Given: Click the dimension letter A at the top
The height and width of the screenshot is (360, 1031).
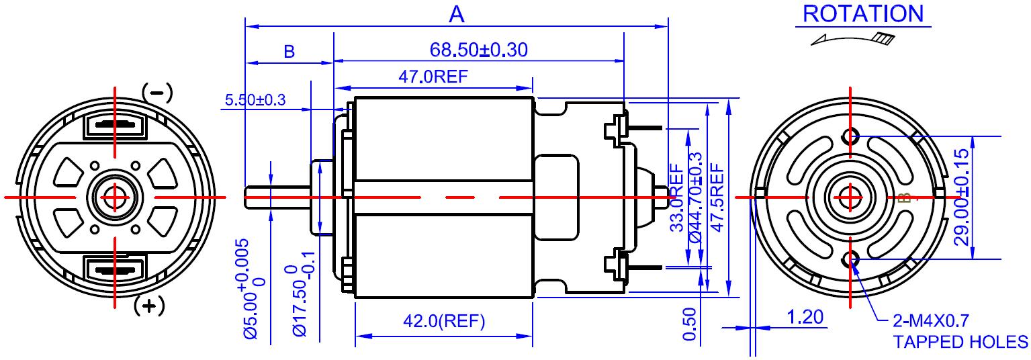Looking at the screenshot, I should tap(456, 14).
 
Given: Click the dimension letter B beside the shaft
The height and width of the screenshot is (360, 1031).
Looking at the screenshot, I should tap(289, 52).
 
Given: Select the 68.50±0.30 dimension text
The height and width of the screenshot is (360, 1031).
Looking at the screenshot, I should tap(478, 50).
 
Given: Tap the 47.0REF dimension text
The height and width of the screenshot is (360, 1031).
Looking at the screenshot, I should tap(433, 77).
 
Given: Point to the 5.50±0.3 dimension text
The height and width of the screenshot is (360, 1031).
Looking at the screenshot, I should tap(255, 100).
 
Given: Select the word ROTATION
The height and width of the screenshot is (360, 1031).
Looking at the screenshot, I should tap(863, 13).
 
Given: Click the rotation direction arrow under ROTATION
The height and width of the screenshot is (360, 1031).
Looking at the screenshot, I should tap(853, 39).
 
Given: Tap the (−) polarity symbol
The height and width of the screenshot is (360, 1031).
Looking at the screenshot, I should tap(157, 93).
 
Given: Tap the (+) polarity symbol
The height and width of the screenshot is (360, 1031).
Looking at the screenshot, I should tap(148, 306).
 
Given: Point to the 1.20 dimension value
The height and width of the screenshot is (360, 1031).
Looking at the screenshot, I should tap(805, 317).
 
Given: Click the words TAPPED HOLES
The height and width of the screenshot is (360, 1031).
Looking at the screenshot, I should tap(960, 343).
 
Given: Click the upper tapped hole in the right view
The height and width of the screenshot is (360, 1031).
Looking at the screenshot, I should tap(851, 136).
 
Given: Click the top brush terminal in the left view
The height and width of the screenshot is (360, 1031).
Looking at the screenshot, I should tap(115, 125).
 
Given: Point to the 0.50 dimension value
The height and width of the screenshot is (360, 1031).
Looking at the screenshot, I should tap(689, 324).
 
